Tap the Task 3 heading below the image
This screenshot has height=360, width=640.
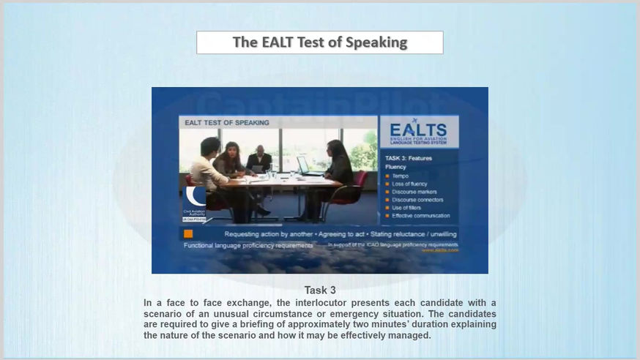(x=320, y=290)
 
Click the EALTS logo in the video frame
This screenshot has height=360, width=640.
(x=419, y=132)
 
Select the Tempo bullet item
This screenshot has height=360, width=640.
(x=401, y=176)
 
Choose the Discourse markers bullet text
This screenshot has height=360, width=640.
(x=414, y=192)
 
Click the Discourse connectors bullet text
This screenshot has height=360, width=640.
(x=418, y=200)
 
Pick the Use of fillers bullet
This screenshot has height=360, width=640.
(x=407, y=208)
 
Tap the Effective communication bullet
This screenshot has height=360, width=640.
(x=420, y=216)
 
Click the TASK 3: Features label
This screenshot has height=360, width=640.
(x=409, y=158)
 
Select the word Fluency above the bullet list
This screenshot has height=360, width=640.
(x=395, y=167)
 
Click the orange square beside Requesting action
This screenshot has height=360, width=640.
(x=188, y=234)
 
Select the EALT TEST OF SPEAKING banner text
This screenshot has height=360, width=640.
(x=226, y=123)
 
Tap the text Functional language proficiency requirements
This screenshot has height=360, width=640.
(x=248, y=246)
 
